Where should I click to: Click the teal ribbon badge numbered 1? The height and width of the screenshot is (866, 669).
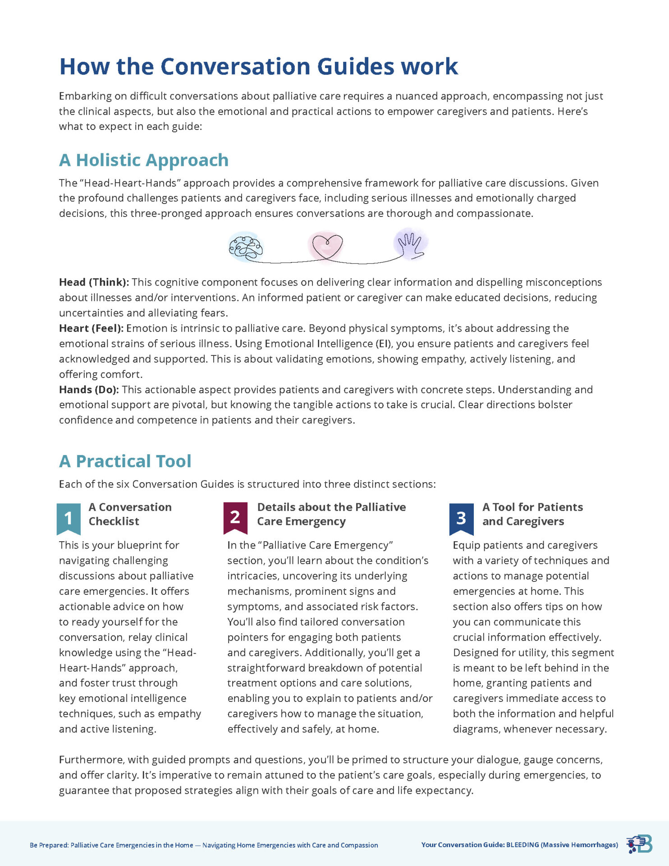click(x=69, y=518)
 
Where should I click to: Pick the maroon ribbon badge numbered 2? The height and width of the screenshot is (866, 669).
click(x=235, y=517)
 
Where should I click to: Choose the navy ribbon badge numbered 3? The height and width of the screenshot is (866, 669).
click(x=461, y=518)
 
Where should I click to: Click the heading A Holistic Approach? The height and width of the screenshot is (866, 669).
click(x=144, y=160)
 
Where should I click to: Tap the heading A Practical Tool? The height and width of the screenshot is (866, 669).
click(x=125, y=461)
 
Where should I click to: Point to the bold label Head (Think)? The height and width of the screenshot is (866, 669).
click(x=94, y=282)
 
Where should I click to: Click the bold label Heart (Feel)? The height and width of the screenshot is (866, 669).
click(x=91, y=328)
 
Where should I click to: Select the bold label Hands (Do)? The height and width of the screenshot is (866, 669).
click(x=89, y=390)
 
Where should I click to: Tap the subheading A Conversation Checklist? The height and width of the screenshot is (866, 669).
click(x=130, y=514)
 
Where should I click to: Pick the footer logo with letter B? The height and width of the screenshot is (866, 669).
click(x=640, y=844)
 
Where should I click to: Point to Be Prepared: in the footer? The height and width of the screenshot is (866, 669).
click(x=49, y=845)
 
